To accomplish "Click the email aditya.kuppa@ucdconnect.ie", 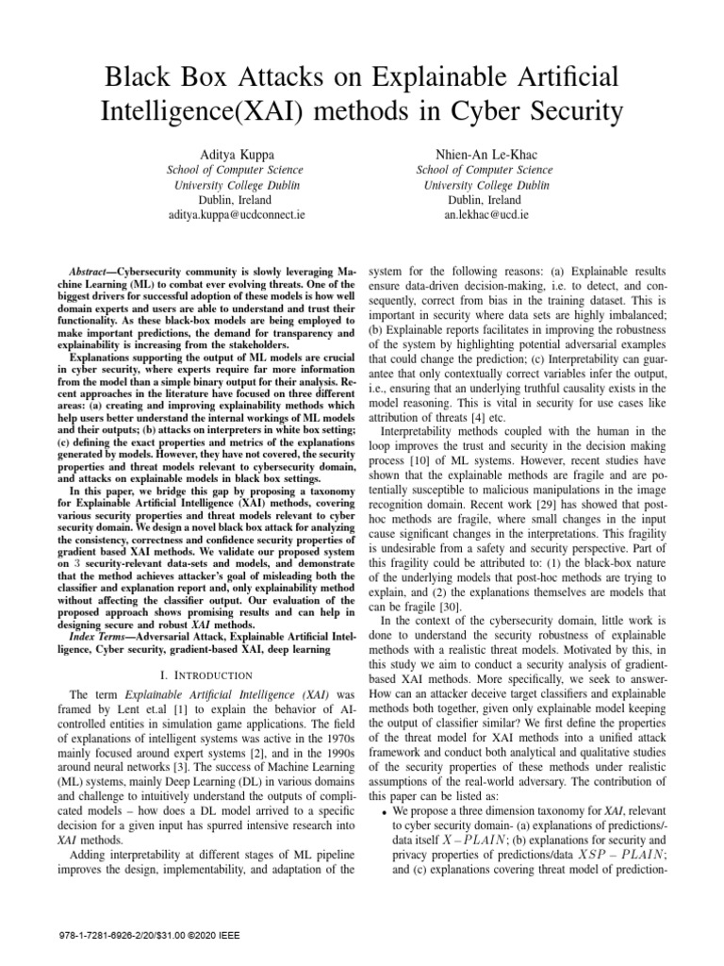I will (x=222, y=215).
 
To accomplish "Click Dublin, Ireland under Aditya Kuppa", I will (x=222, y=200).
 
